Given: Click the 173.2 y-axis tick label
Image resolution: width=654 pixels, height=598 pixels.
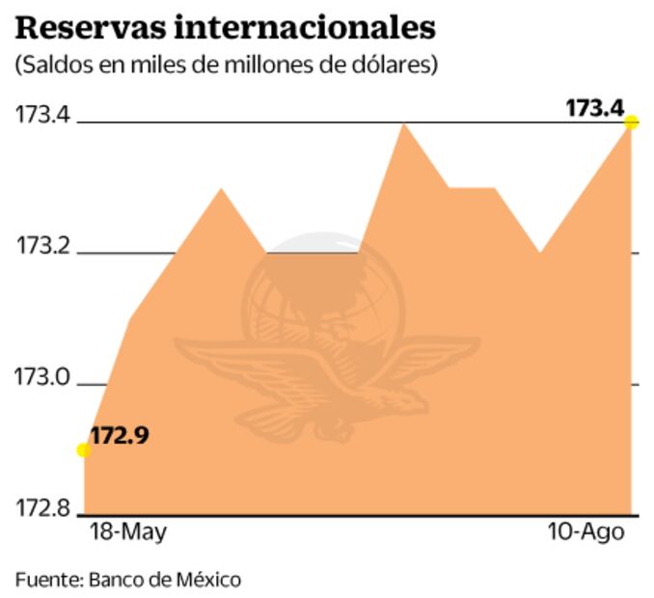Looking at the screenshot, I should (42, 246).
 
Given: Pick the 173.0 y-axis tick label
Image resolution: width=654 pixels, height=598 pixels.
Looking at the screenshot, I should (42, 378).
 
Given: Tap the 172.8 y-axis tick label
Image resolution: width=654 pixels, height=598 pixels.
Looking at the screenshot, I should (42, 508).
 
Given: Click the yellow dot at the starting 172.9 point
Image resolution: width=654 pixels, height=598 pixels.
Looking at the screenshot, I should (84, 449).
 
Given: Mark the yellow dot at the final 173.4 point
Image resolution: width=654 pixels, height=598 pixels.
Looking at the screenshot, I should (632, 122).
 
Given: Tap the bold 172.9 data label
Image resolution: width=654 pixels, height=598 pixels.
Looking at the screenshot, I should (120, 436).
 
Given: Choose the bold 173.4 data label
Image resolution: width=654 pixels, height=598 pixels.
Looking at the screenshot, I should (594, 108).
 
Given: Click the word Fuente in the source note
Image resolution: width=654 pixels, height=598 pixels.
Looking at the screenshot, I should (45, 580).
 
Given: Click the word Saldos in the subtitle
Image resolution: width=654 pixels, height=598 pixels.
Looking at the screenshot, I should (48, 66).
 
